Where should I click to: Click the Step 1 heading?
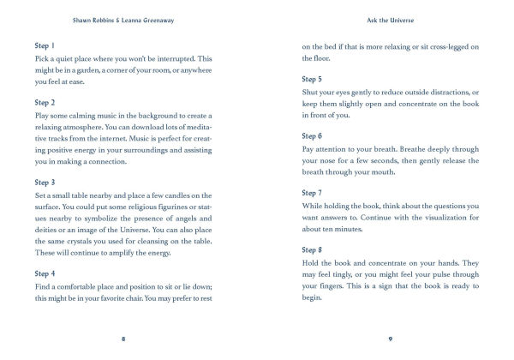[44, 45]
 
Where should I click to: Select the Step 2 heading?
[45, 101]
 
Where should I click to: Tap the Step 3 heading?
[45, 182]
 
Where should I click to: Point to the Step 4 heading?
[45, 274]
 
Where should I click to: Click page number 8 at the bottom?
[123, 339]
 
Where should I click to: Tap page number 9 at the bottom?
[391, 339]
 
